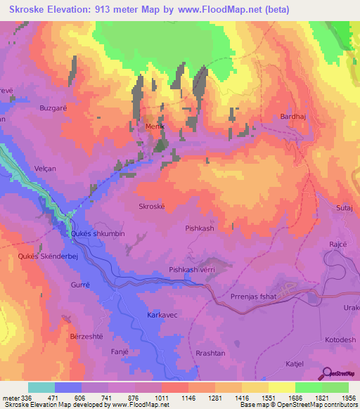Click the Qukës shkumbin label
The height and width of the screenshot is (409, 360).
pyautogui.click(x=98, y=233)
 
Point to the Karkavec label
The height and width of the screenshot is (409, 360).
pyautogui.click(x=162, y=316)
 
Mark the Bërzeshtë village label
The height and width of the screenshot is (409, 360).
pyautogui.click(x=86, y=337)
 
